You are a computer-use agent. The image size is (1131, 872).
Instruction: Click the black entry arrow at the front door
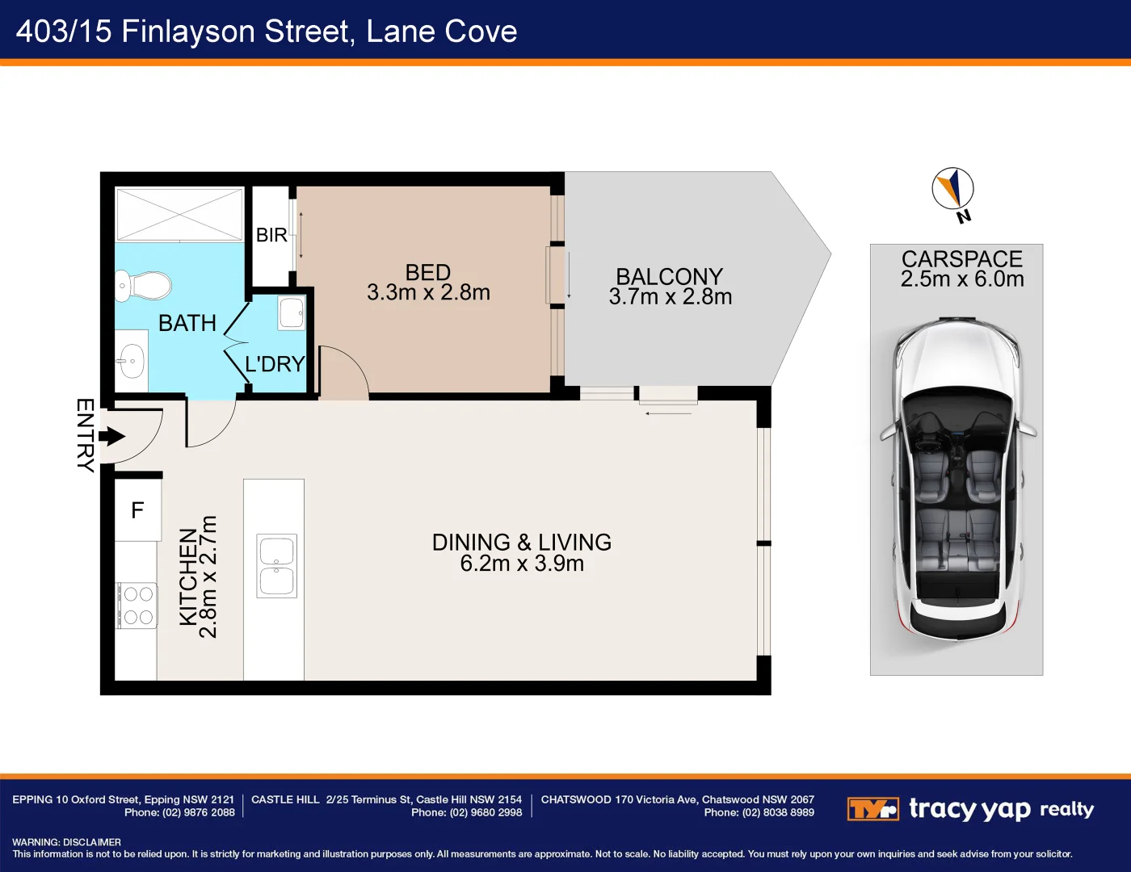pos(112,437)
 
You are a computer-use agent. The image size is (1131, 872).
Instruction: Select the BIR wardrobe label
pos(271,235)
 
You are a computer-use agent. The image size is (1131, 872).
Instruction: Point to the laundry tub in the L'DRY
pos(291,312)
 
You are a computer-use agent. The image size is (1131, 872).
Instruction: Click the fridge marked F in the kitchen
pos(137,510)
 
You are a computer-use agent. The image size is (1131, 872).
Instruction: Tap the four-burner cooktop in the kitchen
pos(137,606)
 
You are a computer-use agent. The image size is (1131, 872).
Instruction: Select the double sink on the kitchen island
pos(276,565)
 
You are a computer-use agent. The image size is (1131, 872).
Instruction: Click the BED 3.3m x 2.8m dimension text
pos(428,292)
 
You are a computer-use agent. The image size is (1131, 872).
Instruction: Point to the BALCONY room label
pos(669,277)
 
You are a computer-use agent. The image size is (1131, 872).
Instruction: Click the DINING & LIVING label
pos(522,543)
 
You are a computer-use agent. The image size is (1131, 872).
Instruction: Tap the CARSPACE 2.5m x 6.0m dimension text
pos(962,279)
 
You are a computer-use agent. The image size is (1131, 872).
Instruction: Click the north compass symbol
pos(953,190)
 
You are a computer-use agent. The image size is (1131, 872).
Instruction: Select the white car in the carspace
pos(957,476)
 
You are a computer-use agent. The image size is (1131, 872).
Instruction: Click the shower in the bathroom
pos(179,214)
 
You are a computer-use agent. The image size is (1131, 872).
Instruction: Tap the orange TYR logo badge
pos(872,808)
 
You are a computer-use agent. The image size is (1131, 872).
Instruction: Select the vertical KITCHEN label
pos(188,576)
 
